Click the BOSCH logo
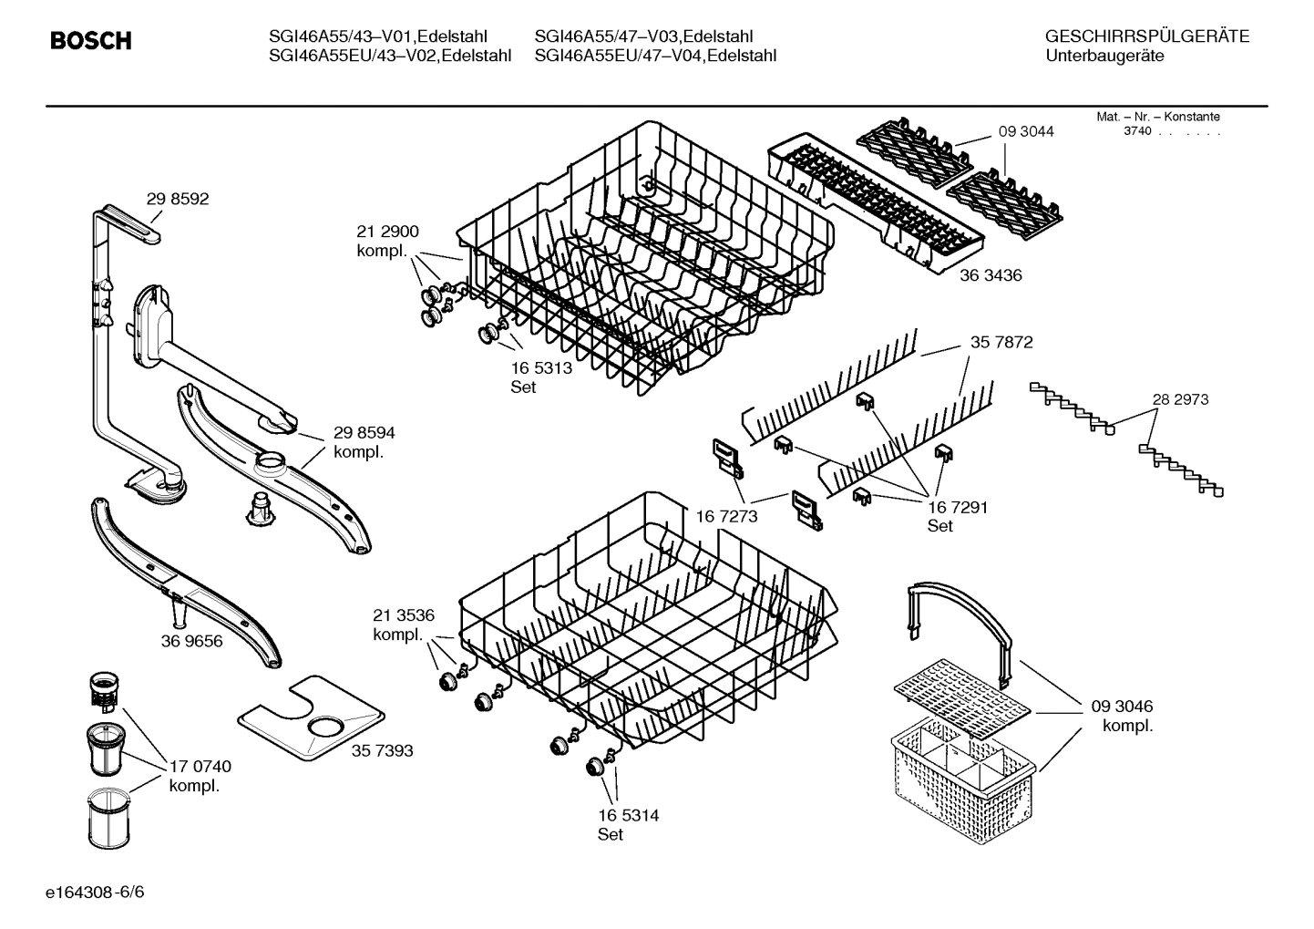pyautogui.click(x=91, y=41)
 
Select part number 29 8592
pyautogui.click(x=177, y=199)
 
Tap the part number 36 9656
pyautogui.click(x=191, y=641)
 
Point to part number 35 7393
pyautogui.click(x=382, y=750)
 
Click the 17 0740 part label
pyautogui.click(x=200, y=767)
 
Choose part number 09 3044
pyautogui.click(x=1026, y=131)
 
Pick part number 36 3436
pyautogui.click(x=991, y=274)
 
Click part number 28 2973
pyautogui.click(x=1180, y=399)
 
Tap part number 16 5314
pyautogui.click(x=628, y=815)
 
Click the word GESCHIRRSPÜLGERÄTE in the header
pyautogui.click(x=1146, y=36)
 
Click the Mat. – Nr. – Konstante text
pyautogui.click(x=1157, y=117)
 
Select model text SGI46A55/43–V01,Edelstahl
pyautogui.click(x=378, y=36)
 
